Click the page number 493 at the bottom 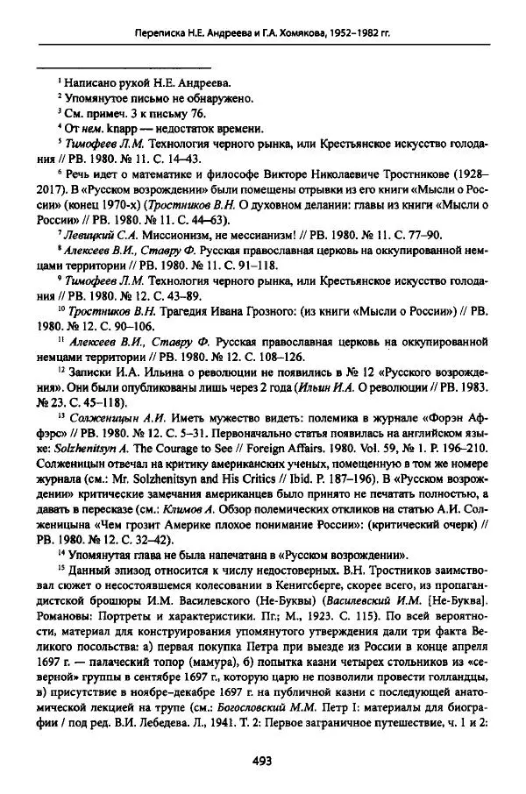click(x=262, y=760)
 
